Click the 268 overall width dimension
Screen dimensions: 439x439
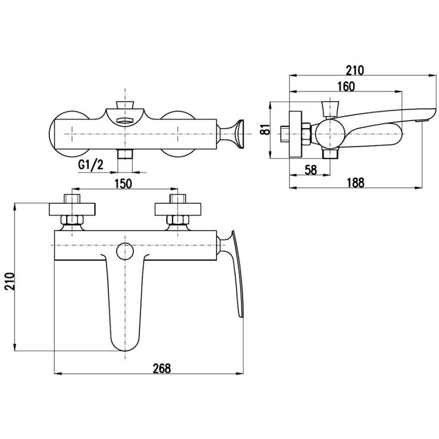click(x=162, y=368)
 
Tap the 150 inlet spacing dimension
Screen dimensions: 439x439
click(x=123, y=183)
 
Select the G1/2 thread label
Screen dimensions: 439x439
click(x=90, y=165)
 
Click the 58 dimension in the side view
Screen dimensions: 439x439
click(x=310, y=170)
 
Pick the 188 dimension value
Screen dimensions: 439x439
click(x=356, y=183)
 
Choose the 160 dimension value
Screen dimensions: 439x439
click(x=346, y=86)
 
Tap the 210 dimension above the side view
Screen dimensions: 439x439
click(x=355, y=70)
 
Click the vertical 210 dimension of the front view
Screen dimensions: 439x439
click(x=10, y=281)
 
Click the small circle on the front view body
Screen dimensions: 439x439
click(x=125, y=251)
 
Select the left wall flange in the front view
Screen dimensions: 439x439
click(x=72, y=209)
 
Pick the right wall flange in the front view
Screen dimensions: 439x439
click(x=178, y=209)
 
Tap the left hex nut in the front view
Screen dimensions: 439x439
click(x=72, y=220)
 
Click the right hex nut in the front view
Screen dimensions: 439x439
click(x=178, y=220)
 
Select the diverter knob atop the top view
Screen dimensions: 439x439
click(x=125, y=105)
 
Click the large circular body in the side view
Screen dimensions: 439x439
click(x=328, y=134)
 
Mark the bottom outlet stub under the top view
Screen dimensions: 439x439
click(x=125, y=154)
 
